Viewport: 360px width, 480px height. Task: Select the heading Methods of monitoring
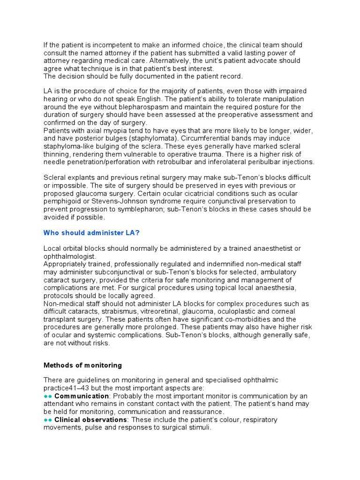(82, 365)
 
